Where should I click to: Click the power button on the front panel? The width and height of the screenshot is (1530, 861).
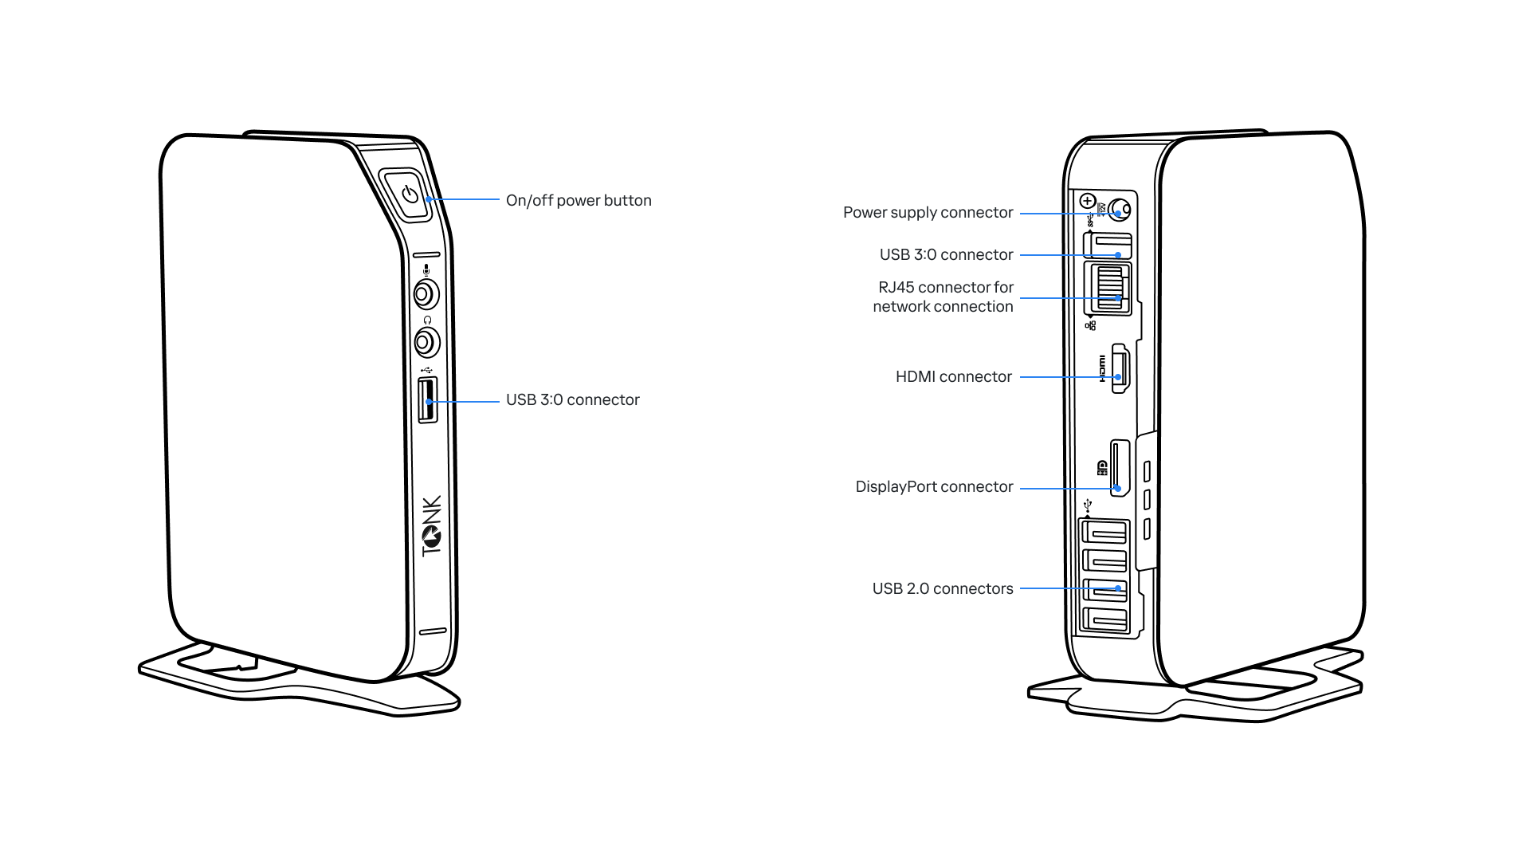click(410, 194)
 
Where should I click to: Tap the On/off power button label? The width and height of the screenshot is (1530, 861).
click(578, 201)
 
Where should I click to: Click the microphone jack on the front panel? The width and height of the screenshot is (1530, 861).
click(426, 295)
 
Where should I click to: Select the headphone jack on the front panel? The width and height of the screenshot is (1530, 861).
click(426, 343)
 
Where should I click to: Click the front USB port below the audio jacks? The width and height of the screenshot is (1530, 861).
click(428, 400)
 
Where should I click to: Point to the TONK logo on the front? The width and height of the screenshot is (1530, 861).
click(431, 526)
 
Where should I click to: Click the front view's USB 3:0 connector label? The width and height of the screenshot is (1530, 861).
click(572, 400)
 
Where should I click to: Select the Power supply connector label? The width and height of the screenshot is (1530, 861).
click(928, 213)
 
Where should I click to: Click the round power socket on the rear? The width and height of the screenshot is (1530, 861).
click(1120, 210)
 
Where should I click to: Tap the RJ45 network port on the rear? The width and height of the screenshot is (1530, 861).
click(1109, 289)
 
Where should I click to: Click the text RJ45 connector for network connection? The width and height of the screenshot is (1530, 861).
click(943, 297)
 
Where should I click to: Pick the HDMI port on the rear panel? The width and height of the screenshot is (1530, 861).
click(1120, 369)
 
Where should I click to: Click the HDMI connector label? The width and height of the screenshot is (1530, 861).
click(953, 377)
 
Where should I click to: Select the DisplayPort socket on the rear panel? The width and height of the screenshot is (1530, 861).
click(1119, 467)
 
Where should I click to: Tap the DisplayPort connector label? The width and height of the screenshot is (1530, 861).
click(934, 487)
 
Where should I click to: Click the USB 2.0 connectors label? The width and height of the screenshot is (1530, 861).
click(942, 589)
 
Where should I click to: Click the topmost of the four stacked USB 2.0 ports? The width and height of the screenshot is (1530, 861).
click(1104, 532)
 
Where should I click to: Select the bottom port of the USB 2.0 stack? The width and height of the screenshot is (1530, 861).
click(1104, 619)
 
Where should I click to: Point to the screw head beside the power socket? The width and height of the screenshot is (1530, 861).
click(1088, 201)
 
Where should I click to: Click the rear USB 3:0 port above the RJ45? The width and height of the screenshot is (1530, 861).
click(1110, 244)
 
